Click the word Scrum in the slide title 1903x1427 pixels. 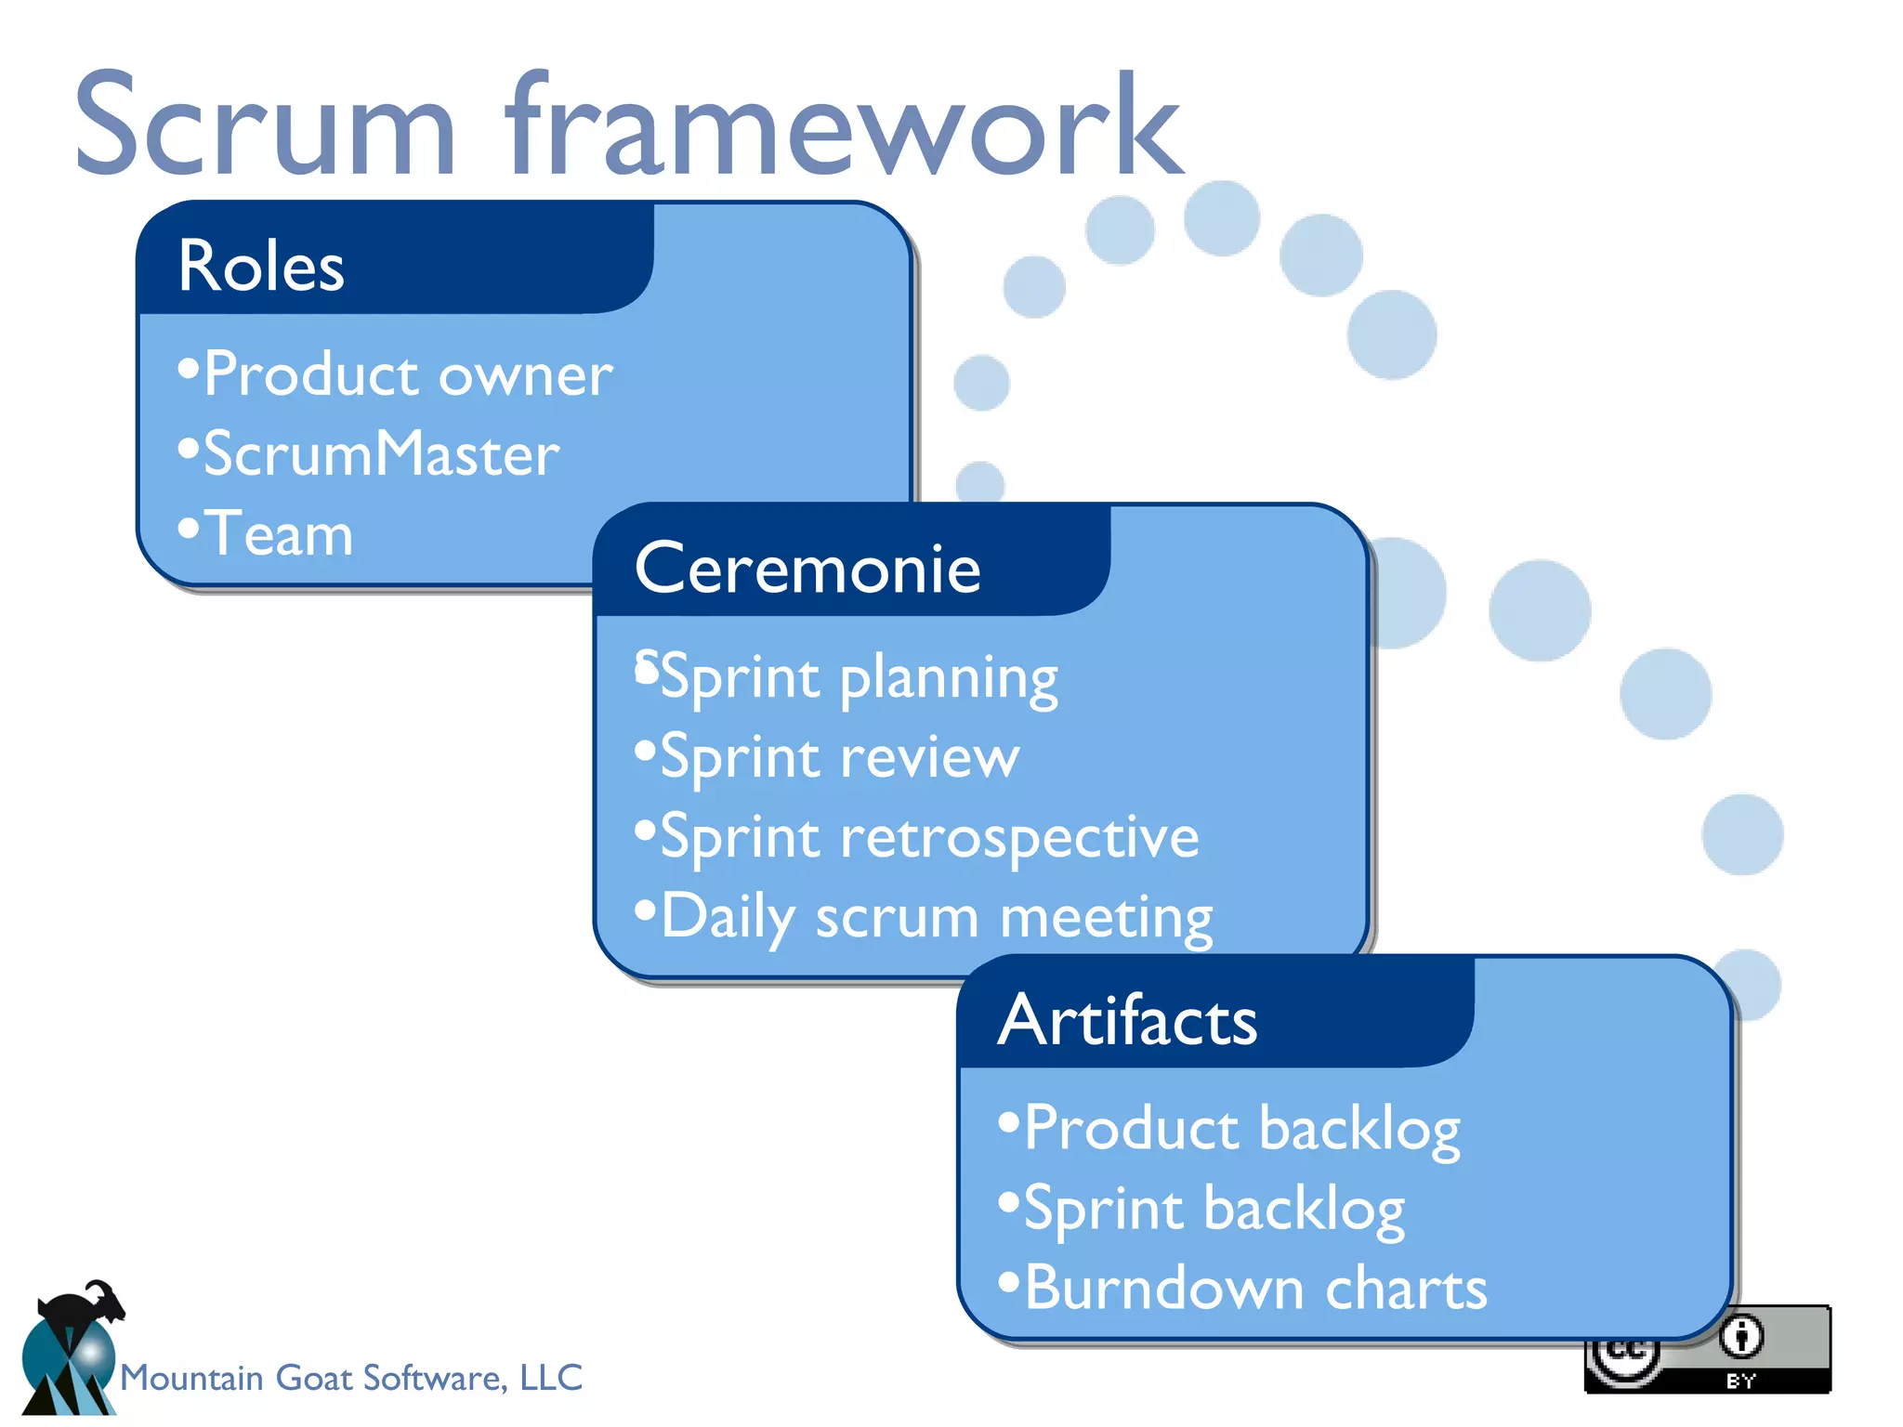pos(265,125)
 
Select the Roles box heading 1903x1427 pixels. pos(261,267)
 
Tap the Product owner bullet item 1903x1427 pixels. pos(407,374)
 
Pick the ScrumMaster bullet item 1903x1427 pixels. pos(381,454)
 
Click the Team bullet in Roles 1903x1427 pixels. pos(278,534)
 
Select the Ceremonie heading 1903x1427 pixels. pos(807,569)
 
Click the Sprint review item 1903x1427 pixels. pos(839,757)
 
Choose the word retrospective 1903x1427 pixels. pos(1019,837)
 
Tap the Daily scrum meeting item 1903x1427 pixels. pos(936,917)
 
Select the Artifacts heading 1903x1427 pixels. pos(1127,1020)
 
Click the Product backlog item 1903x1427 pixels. pos(1241,1129)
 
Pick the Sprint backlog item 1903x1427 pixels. pos(1214,1209)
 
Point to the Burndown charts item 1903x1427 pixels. pos(1255,1289)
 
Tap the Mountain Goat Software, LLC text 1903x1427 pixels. pos(351,1378)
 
